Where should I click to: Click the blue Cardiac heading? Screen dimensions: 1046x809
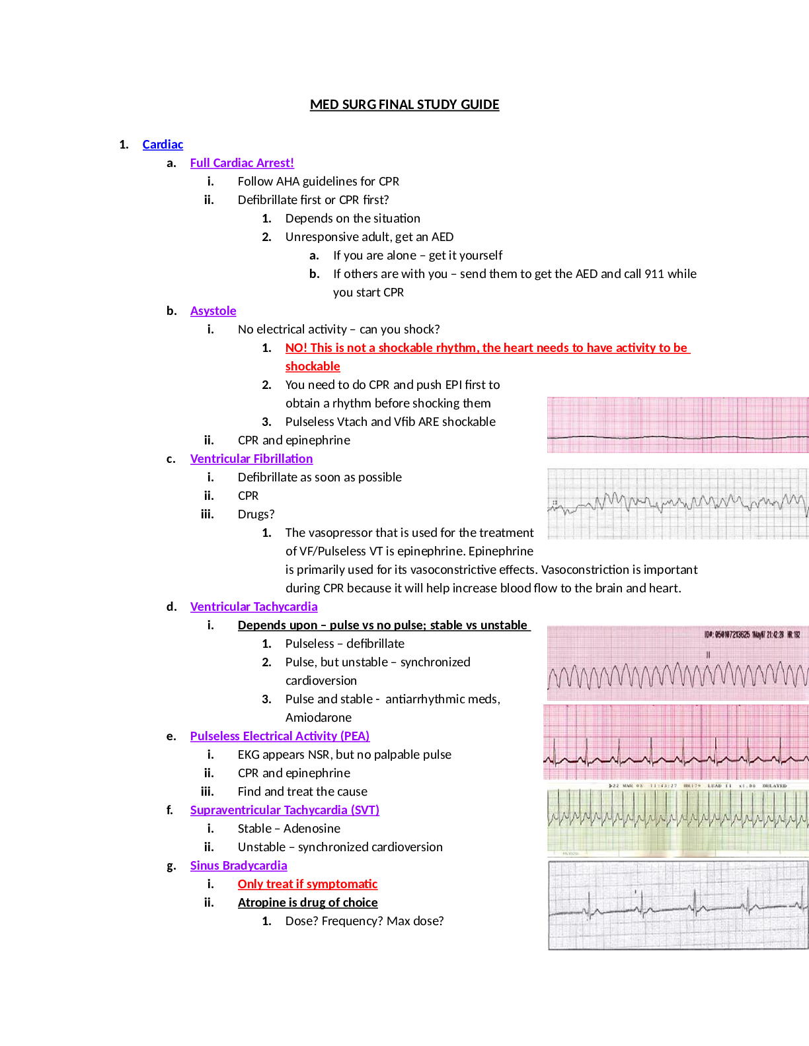[163, 145]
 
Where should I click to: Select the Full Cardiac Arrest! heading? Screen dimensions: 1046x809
[242, 163]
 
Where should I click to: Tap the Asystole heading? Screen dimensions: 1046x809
[213, 311]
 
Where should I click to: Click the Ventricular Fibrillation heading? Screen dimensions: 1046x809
[251, 459]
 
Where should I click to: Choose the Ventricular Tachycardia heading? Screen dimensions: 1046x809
[254, 607]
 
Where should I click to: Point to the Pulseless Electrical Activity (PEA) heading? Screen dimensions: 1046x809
[280, 736]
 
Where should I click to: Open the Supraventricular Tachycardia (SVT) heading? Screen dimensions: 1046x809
[285, 810]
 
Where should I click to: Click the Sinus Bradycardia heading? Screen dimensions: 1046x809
[239, 866]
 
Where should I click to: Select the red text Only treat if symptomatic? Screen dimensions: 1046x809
[307, 884]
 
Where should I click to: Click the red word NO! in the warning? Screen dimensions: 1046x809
[296, 348]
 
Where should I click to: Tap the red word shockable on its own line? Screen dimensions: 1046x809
[313, 366]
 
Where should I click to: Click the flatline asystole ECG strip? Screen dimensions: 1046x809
[677, 425]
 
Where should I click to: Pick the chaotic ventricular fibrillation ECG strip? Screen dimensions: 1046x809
[677, 502]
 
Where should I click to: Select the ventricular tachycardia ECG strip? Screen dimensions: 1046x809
[677, 663]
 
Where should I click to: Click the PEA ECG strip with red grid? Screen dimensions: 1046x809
[675, 742]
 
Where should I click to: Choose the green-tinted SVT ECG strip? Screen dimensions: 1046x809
[677, 820]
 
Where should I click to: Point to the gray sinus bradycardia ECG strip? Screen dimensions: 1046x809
[677, 905]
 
